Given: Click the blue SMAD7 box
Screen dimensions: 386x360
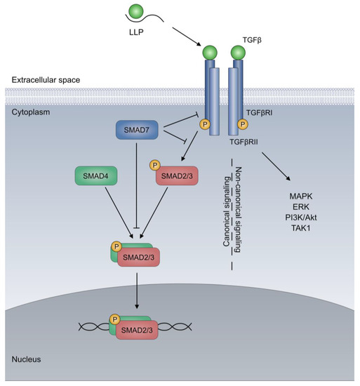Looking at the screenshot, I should (x=139, y=131).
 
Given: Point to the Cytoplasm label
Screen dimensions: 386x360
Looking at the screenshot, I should (x=30, y=111).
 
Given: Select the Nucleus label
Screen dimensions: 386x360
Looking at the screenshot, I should (x=27, y=359).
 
